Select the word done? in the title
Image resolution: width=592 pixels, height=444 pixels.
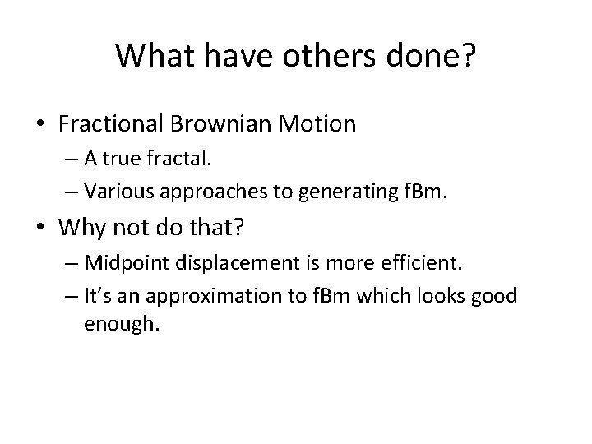point(432,55)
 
